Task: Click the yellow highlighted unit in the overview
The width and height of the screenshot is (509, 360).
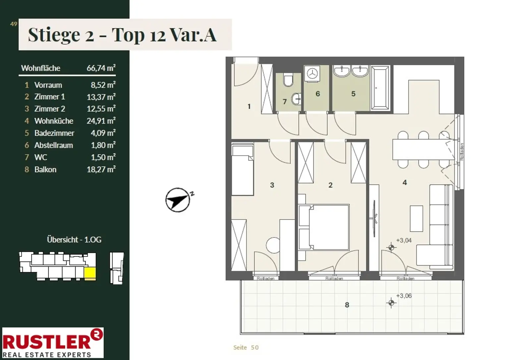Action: pyautogui.click(x=90, y=273)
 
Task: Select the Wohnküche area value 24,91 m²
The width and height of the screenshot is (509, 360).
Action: pyautogui.click(x=101, y=121)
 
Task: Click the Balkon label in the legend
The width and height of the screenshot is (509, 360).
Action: pyautogui.click(x=45, y=170)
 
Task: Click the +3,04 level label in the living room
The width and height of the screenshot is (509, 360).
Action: pyautogui.click(x=404, y=240)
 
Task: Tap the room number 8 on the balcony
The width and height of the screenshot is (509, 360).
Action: pyautogui.click(x=347, y=305)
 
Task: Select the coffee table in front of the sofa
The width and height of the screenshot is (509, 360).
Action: pyautogui.click(x=416, y=219)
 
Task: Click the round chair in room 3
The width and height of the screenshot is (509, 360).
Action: pyautogui.click(x=273, y=245)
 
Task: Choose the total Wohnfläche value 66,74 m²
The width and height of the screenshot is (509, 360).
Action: pyautogui.click(x=101, y=68)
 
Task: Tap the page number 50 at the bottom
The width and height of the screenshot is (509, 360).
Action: pyautogui.click(x=255, y=347)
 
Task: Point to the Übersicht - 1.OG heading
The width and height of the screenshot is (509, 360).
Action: pyautogui.click(x=74, y=240)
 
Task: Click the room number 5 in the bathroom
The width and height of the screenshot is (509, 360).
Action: pyautogui.click(x=353, y=94)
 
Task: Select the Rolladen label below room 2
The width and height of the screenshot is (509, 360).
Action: pyautogui.click(x=334, y=279)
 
